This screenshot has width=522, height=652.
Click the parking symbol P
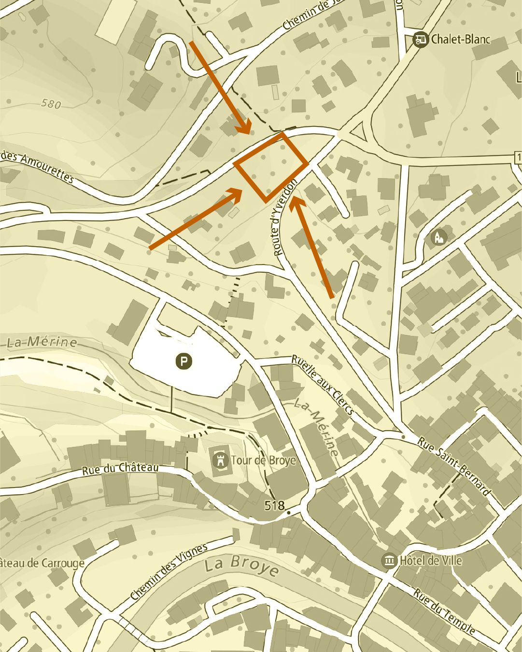coord(183,361)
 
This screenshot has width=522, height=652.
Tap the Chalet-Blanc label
coord(460,39)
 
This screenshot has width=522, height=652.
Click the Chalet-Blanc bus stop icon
coord(421,39)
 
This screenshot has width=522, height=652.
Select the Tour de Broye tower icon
coord(220,460)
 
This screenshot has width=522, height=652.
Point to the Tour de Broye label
coord(263,460)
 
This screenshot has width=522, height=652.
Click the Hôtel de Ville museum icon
coord(389,561)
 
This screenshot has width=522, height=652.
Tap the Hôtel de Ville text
coord(431,561)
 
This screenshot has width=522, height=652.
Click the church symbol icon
coord(438,237)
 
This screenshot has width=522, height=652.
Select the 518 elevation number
coord(274,505)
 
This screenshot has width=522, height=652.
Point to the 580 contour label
coord(51,103)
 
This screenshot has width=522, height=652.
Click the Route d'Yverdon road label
coord(284,217)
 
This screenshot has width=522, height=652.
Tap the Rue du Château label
coord(120,468)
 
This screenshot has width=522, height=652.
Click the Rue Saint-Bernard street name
coord(454,466)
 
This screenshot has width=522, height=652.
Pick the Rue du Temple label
coord(444,610)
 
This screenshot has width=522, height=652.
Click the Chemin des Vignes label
coord(169,571)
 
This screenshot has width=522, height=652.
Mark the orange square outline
coord(271,167)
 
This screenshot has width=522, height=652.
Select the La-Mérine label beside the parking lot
coord(42,342)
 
